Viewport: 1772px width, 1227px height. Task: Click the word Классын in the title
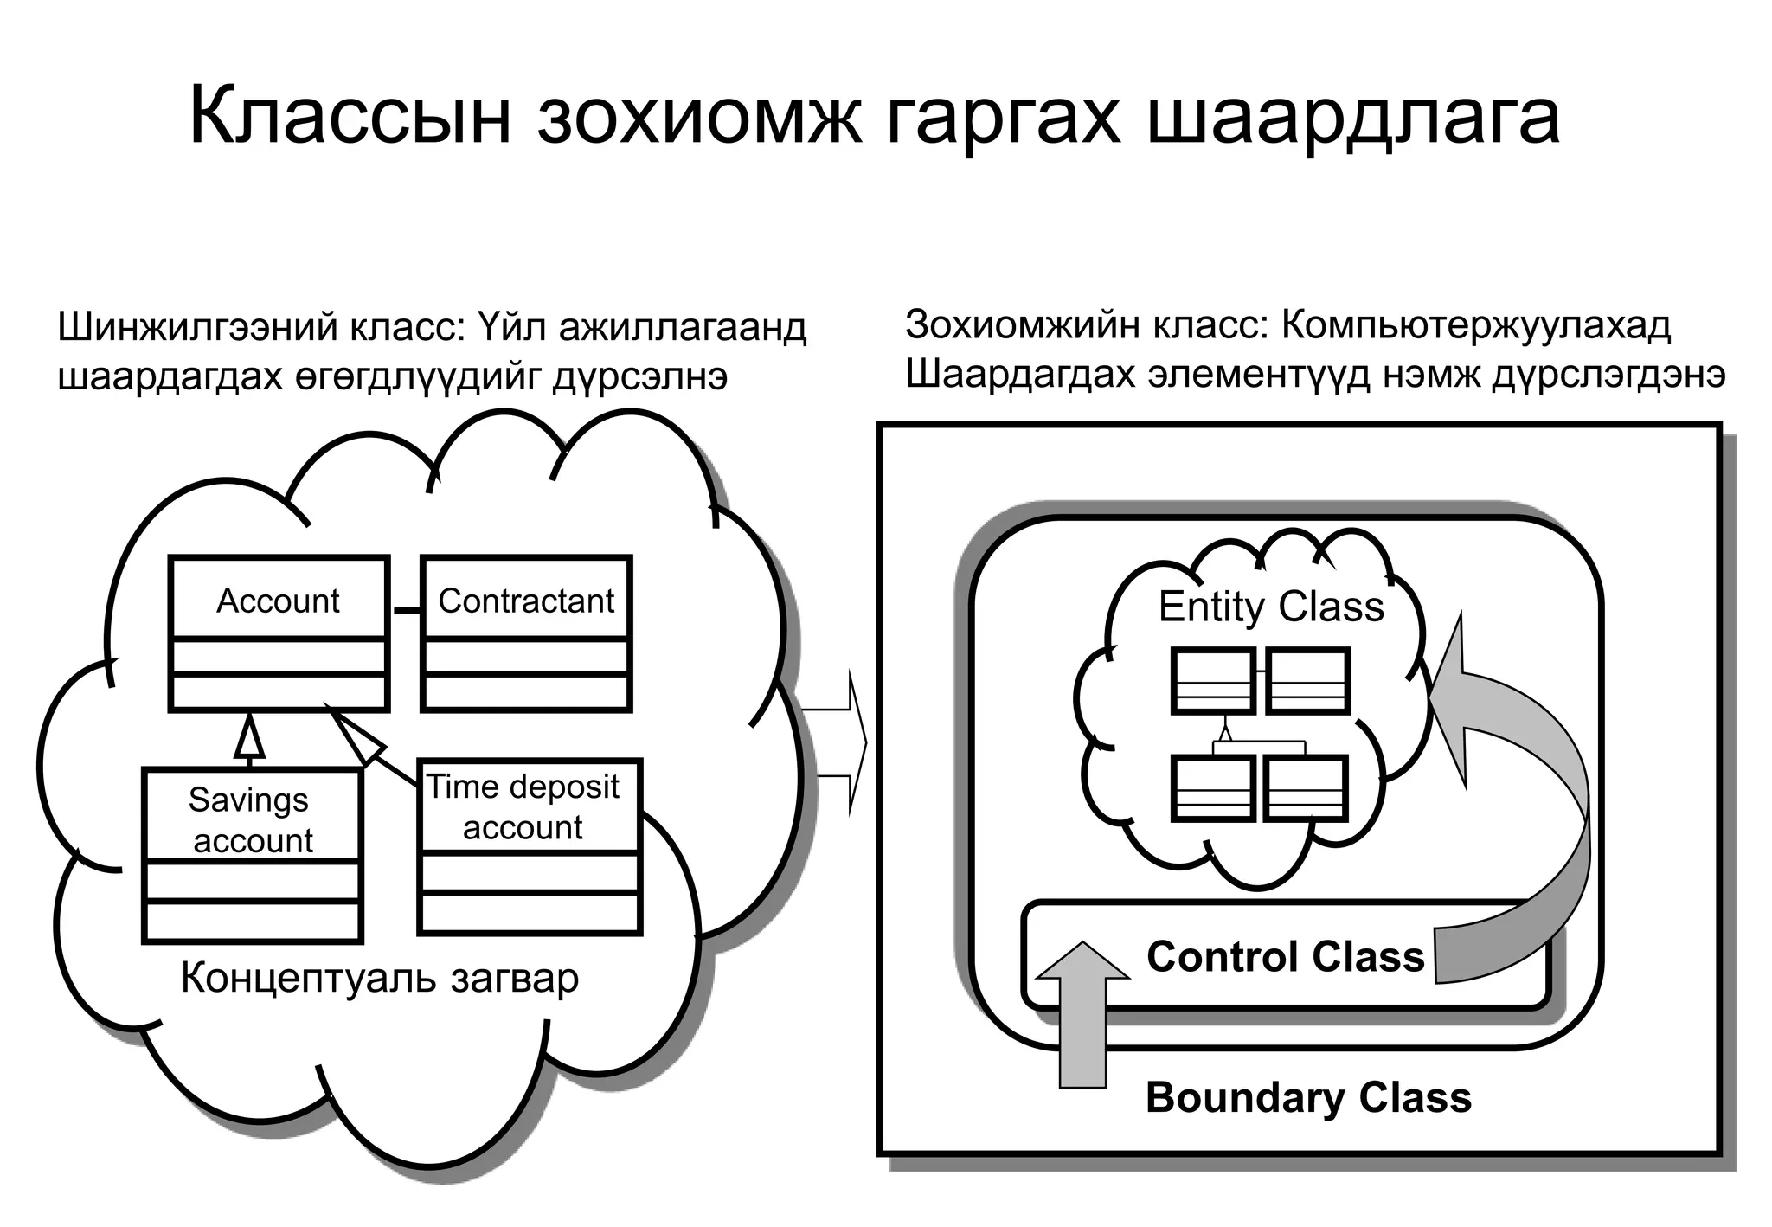point(350,117)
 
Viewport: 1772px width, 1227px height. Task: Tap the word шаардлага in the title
point(1353,117)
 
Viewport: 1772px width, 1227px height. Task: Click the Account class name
point(278,601)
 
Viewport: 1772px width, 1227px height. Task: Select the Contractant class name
point(526,601)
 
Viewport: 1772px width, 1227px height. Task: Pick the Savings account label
point(251,819)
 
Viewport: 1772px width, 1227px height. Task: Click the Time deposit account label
point(523,806)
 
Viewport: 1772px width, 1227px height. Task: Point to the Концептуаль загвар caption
point(379,978)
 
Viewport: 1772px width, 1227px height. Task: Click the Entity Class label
point(1270,607)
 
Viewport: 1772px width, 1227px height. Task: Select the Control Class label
point(1285,957)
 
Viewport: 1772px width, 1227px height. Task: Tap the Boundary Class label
point(1308,1097)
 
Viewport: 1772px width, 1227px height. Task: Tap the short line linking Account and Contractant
point(405,611)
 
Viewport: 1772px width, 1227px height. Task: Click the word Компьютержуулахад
point(1476,325)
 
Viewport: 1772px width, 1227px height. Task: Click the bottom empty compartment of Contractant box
point(526,692)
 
